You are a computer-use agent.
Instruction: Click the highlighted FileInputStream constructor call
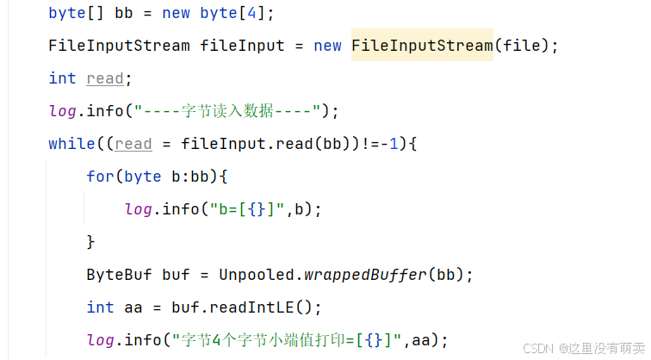click(x=422, y=46)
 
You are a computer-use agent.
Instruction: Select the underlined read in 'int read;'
click(x=105, y=78)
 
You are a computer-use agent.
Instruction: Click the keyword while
click(x=71, y=144)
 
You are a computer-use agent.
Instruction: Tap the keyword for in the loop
click(x=100, y=177)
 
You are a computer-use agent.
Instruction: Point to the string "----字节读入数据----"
click(x=232, y=111)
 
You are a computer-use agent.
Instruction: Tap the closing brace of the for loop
click(x=90, y=242)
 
